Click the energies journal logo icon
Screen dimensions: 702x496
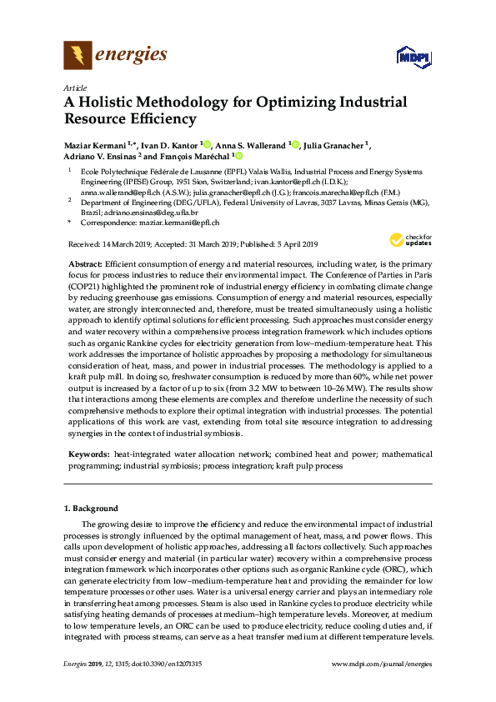(77, 57)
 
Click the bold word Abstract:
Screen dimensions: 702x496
(85, 263)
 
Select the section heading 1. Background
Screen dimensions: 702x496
(93, 508)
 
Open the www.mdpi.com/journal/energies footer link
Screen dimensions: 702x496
(382, 663)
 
